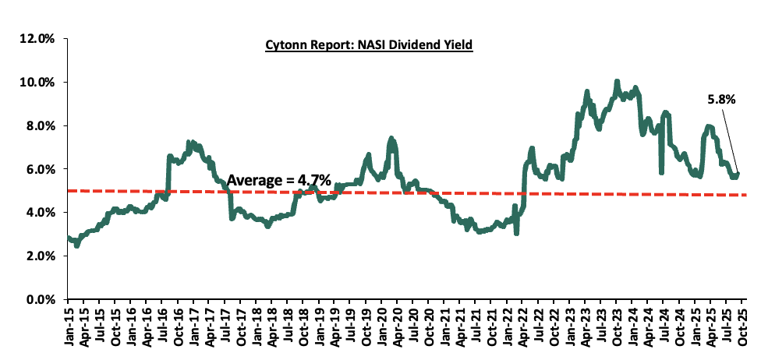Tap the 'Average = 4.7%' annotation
pyautogui.click(x=278, y=181)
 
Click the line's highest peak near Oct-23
pyautogui.click(x=617, y=81)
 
